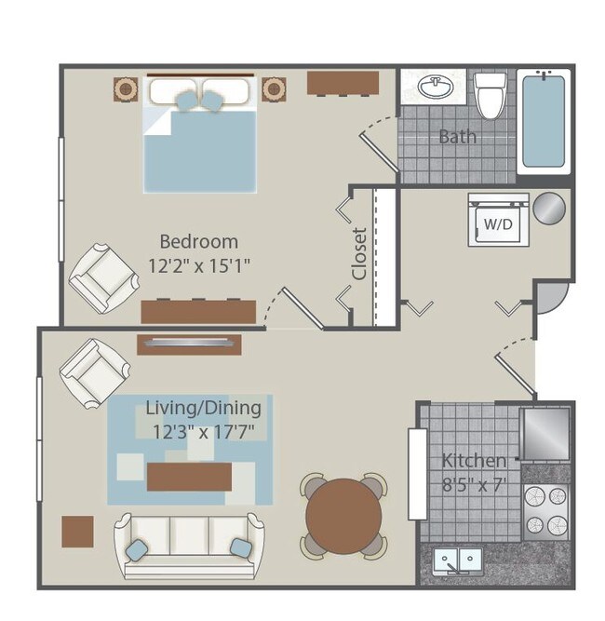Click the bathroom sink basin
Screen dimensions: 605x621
436,88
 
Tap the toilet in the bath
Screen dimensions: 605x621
491,96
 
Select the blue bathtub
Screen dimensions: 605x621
544,121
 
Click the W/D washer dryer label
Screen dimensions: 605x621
498,224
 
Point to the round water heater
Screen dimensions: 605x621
549,209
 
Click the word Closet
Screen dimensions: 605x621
359,254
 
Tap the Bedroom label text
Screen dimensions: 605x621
199,241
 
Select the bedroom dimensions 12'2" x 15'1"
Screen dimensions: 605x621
199,265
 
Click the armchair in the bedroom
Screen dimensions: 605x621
103,278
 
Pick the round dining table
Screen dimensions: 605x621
343,516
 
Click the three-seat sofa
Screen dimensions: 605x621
189,547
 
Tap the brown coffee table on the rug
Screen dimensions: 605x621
189,477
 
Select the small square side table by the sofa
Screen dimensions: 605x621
77,532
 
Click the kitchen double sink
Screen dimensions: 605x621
458,560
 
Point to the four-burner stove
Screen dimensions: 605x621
546,512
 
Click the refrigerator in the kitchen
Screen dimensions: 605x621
546,433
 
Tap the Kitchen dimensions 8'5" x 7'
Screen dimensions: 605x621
475,485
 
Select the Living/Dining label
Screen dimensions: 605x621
204,408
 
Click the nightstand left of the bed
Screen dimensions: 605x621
126,89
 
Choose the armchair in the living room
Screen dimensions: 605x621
95,373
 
